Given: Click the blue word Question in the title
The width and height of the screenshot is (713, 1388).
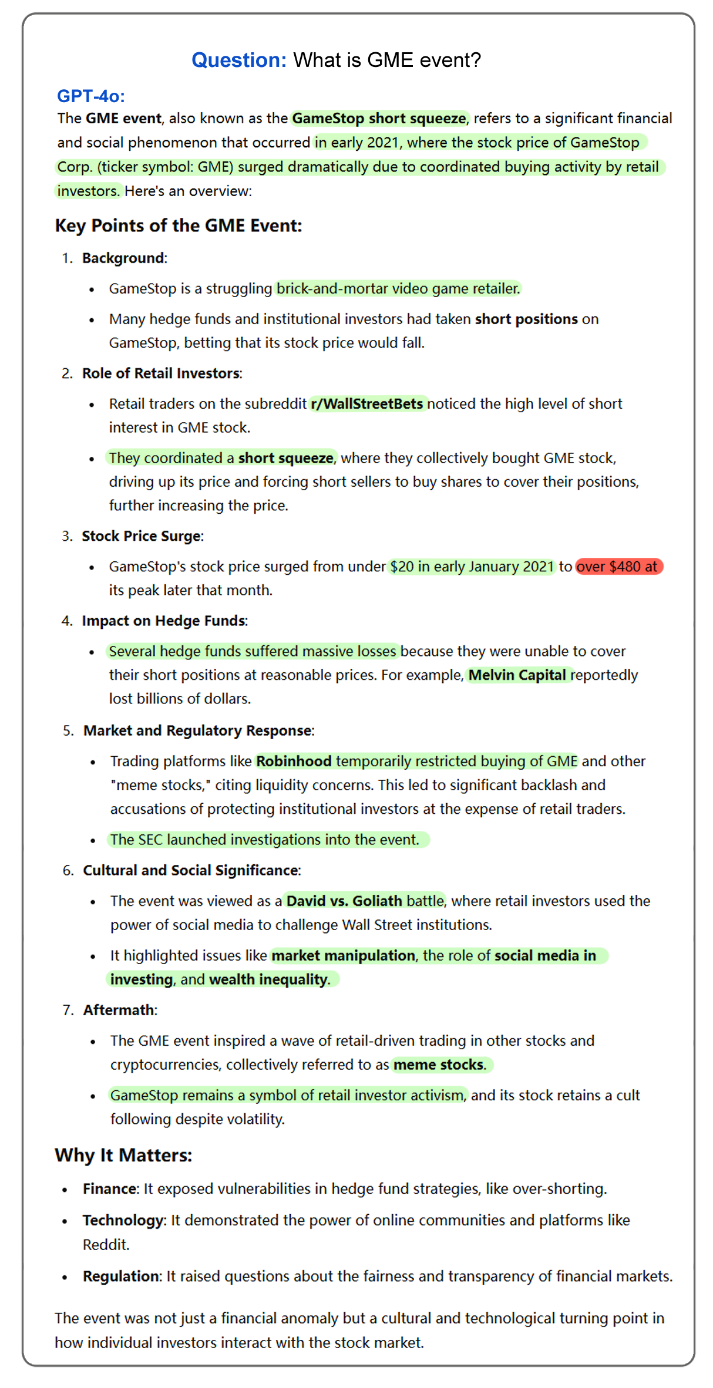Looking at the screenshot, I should [238, 60].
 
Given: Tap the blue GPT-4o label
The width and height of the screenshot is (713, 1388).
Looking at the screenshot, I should [90, 96].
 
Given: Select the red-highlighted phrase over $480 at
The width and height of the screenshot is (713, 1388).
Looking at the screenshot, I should [618, 567].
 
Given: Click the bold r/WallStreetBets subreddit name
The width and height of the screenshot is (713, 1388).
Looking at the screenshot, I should [367, 404].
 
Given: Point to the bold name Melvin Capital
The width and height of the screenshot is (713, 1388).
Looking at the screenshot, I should [517, 675].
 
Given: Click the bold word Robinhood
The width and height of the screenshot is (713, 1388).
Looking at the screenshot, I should [294, 762].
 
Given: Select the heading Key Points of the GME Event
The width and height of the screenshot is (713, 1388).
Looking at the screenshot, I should [179, 226].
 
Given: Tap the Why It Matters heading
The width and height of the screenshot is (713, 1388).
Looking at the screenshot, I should [123, 1155].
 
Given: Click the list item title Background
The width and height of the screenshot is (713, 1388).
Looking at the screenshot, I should [123, 258].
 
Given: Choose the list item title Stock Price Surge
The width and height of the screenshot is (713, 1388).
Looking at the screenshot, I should [142, 536].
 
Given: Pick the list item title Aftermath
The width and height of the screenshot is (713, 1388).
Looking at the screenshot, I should [119, 1010].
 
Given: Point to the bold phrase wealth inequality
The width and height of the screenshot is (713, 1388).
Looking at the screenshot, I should [268, 979].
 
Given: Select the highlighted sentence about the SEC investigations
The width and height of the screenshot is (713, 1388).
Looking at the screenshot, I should [265, 840].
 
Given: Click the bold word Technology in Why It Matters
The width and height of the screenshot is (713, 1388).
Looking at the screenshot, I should [123, 1221].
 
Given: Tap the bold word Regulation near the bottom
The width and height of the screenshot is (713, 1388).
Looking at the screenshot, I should [121, 1276].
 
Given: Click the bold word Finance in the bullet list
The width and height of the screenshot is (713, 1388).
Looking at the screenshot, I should [109, 1189].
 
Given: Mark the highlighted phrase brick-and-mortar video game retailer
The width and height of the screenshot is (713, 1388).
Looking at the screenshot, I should [398, 289].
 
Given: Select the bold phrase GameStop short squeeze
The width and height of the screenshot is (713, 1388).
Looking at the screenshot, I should [379, 119].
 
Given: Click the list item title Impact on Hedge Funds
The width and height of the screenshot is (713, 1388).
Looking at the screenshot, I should [163, 621].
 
